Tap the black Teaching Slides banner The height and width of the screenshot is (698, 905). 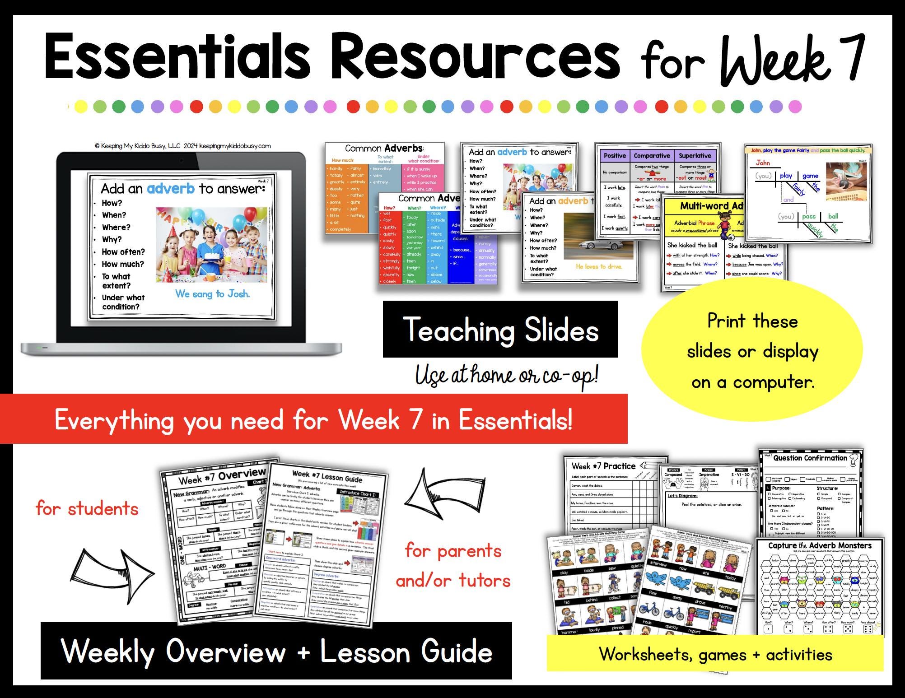pyautogui.click(x=500, y=330)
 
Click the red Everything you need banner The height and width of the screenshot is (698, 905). pyautogui.click(x=313, y=420)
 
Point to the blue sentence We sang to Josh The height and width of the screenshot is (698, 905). pyautogui.click(x=212, y=294)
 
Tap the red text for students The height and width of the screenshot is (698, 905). pyautogui.click(x=87, y=509)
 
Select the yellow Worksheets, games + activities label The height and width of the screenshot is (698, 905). pyautogui.click(x=715, y=654)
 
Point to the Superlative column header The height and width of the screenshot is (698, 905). pyautogui.click(x=695, y=156)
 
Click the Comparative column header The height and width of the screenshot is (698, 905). pyautogui.click(x=652, y=156)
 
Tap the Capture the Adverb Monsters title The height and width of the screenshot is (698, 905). pyautogui.click(x=820, y=545)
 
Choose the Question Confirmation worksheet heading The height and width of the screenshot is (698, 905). pyautogui.click(x=810, y=458)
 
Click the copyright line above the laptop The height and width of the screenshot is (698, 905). pyautogui.click(x=183, y=146)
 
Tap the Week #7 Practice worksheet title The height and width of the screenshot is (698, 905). pyautogui.click(x=603, y=466)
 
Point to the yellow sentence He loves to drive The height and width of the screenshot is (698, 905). pyautogui.click(x=599, y=266)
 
